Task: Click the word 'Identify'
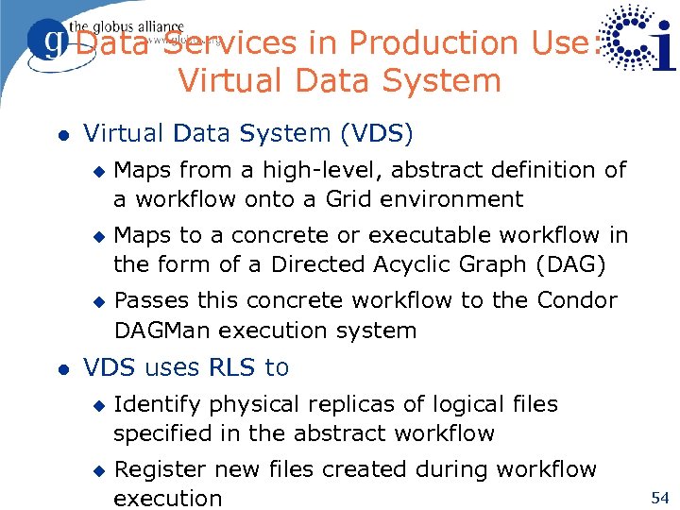(157, 404)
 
